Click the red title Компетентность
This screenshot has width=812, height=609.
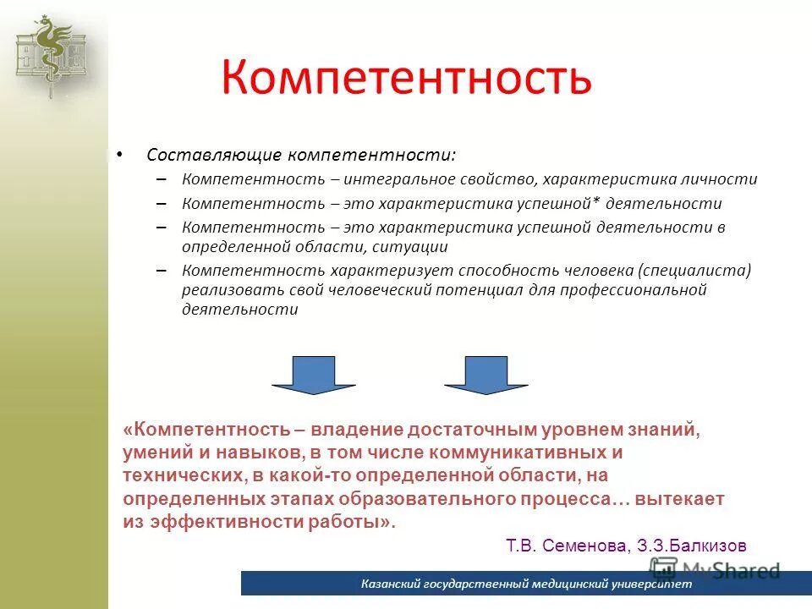(407, 78)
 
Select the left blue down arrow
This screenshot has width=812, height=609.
(314, 375)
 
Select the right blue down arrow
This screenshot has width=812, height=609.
(486, 375)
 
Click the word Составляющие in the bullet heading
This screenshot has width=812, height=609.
(213, 156)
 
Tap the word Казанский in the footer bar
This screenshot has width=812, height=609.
(390, 584)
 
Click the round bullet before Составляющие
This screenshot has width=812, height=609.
(118, 156)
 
